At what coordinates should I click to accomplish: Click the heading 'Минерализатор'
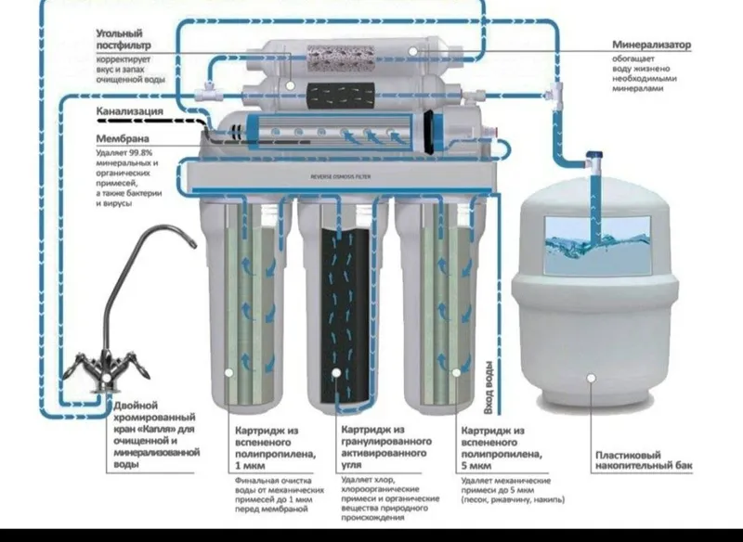pos(651,45)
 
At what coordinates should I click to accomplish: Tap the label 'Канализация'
pos(129,111)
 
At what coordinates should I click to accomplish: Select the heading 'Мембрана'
pos(123,138)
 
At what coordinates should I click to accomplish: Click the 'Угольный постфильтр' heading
pos(124,39)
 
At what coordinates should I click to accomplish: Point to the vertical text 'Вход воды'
pos(489,388)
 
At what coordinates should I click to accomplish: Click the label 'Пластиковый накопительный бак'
pos(644,460)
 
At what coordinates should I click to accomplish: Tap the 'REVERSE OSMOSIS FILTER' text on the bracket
pos(341,176)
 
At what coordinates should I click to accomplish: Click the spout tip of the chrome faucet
pos(193,244)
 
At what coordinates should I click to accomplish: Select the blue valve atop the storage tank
pos(594,155)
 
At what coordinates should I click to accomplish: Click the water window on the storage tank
pos(597,245)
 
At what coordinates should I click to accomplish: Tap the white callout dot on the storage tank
pos(591,378)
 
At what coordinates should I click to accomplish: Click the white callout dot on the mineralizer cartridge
pos(413,51)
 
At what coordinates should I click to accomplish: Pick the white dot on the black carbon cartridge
pos(336,373)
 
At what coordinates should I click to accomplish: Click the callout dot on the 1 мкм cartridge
pos(228,373)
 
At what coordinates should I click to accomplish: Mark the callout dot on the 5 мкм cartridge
pos(456,373)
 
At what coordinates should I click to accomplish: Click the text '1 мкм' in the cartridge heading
pos(251,466)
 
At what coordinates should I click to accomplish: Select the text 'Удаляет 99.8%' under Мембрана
pos(124,153)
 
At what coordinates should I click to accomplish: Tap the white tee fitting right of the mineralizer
pos(555,93)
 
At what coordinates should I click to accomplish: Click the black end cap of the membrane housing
pos(429,132)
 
